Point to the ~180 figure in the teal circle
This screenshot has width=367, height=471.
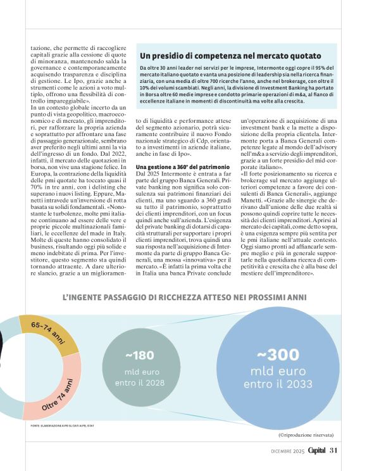pyautogui.click(x=139, y=355)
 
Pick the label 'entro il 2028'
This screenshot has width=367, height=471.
pyautogui.click(x=139, y=382)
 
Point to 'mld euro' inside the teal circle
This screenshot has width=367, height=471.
pyautogui.click(x=139, y=372)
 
